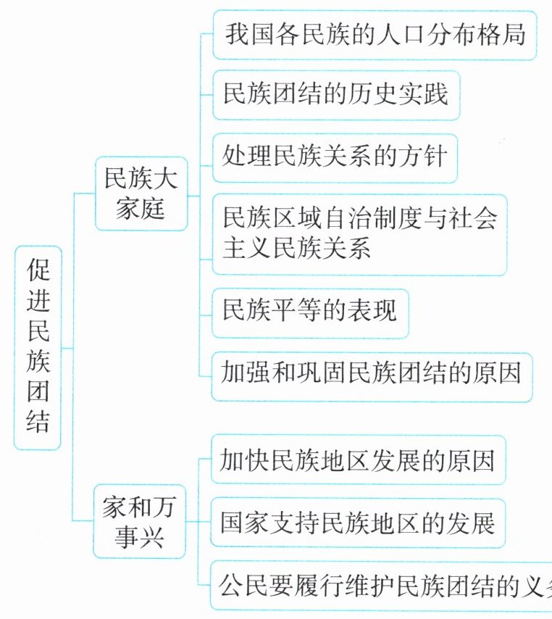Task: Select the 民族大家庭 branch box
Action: coord(141,193)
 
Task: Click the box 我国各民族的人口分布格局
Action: coord(375,34)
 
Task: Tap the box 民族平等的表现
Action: coord(310,312)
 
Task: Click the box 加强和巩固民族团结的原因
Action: coord(371,375)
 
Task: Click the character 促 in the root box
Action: coord(38,273)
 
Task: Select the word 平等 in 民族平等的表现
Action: coord(298,312)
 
